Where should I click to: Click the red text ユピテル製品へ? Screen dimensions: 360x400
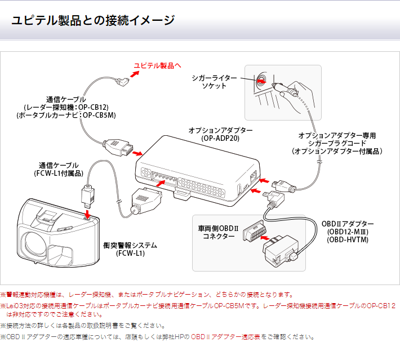157,66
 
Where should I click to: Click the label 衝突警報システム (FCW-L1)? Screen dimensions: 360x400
130,250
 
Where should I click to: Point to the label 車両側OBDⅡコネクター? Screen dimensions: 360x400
216,233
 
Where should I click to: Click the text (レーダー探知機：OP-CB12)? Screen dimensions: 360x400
66,107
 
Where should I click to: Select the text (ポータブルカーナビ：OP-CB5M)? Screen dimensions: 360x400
66,115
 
